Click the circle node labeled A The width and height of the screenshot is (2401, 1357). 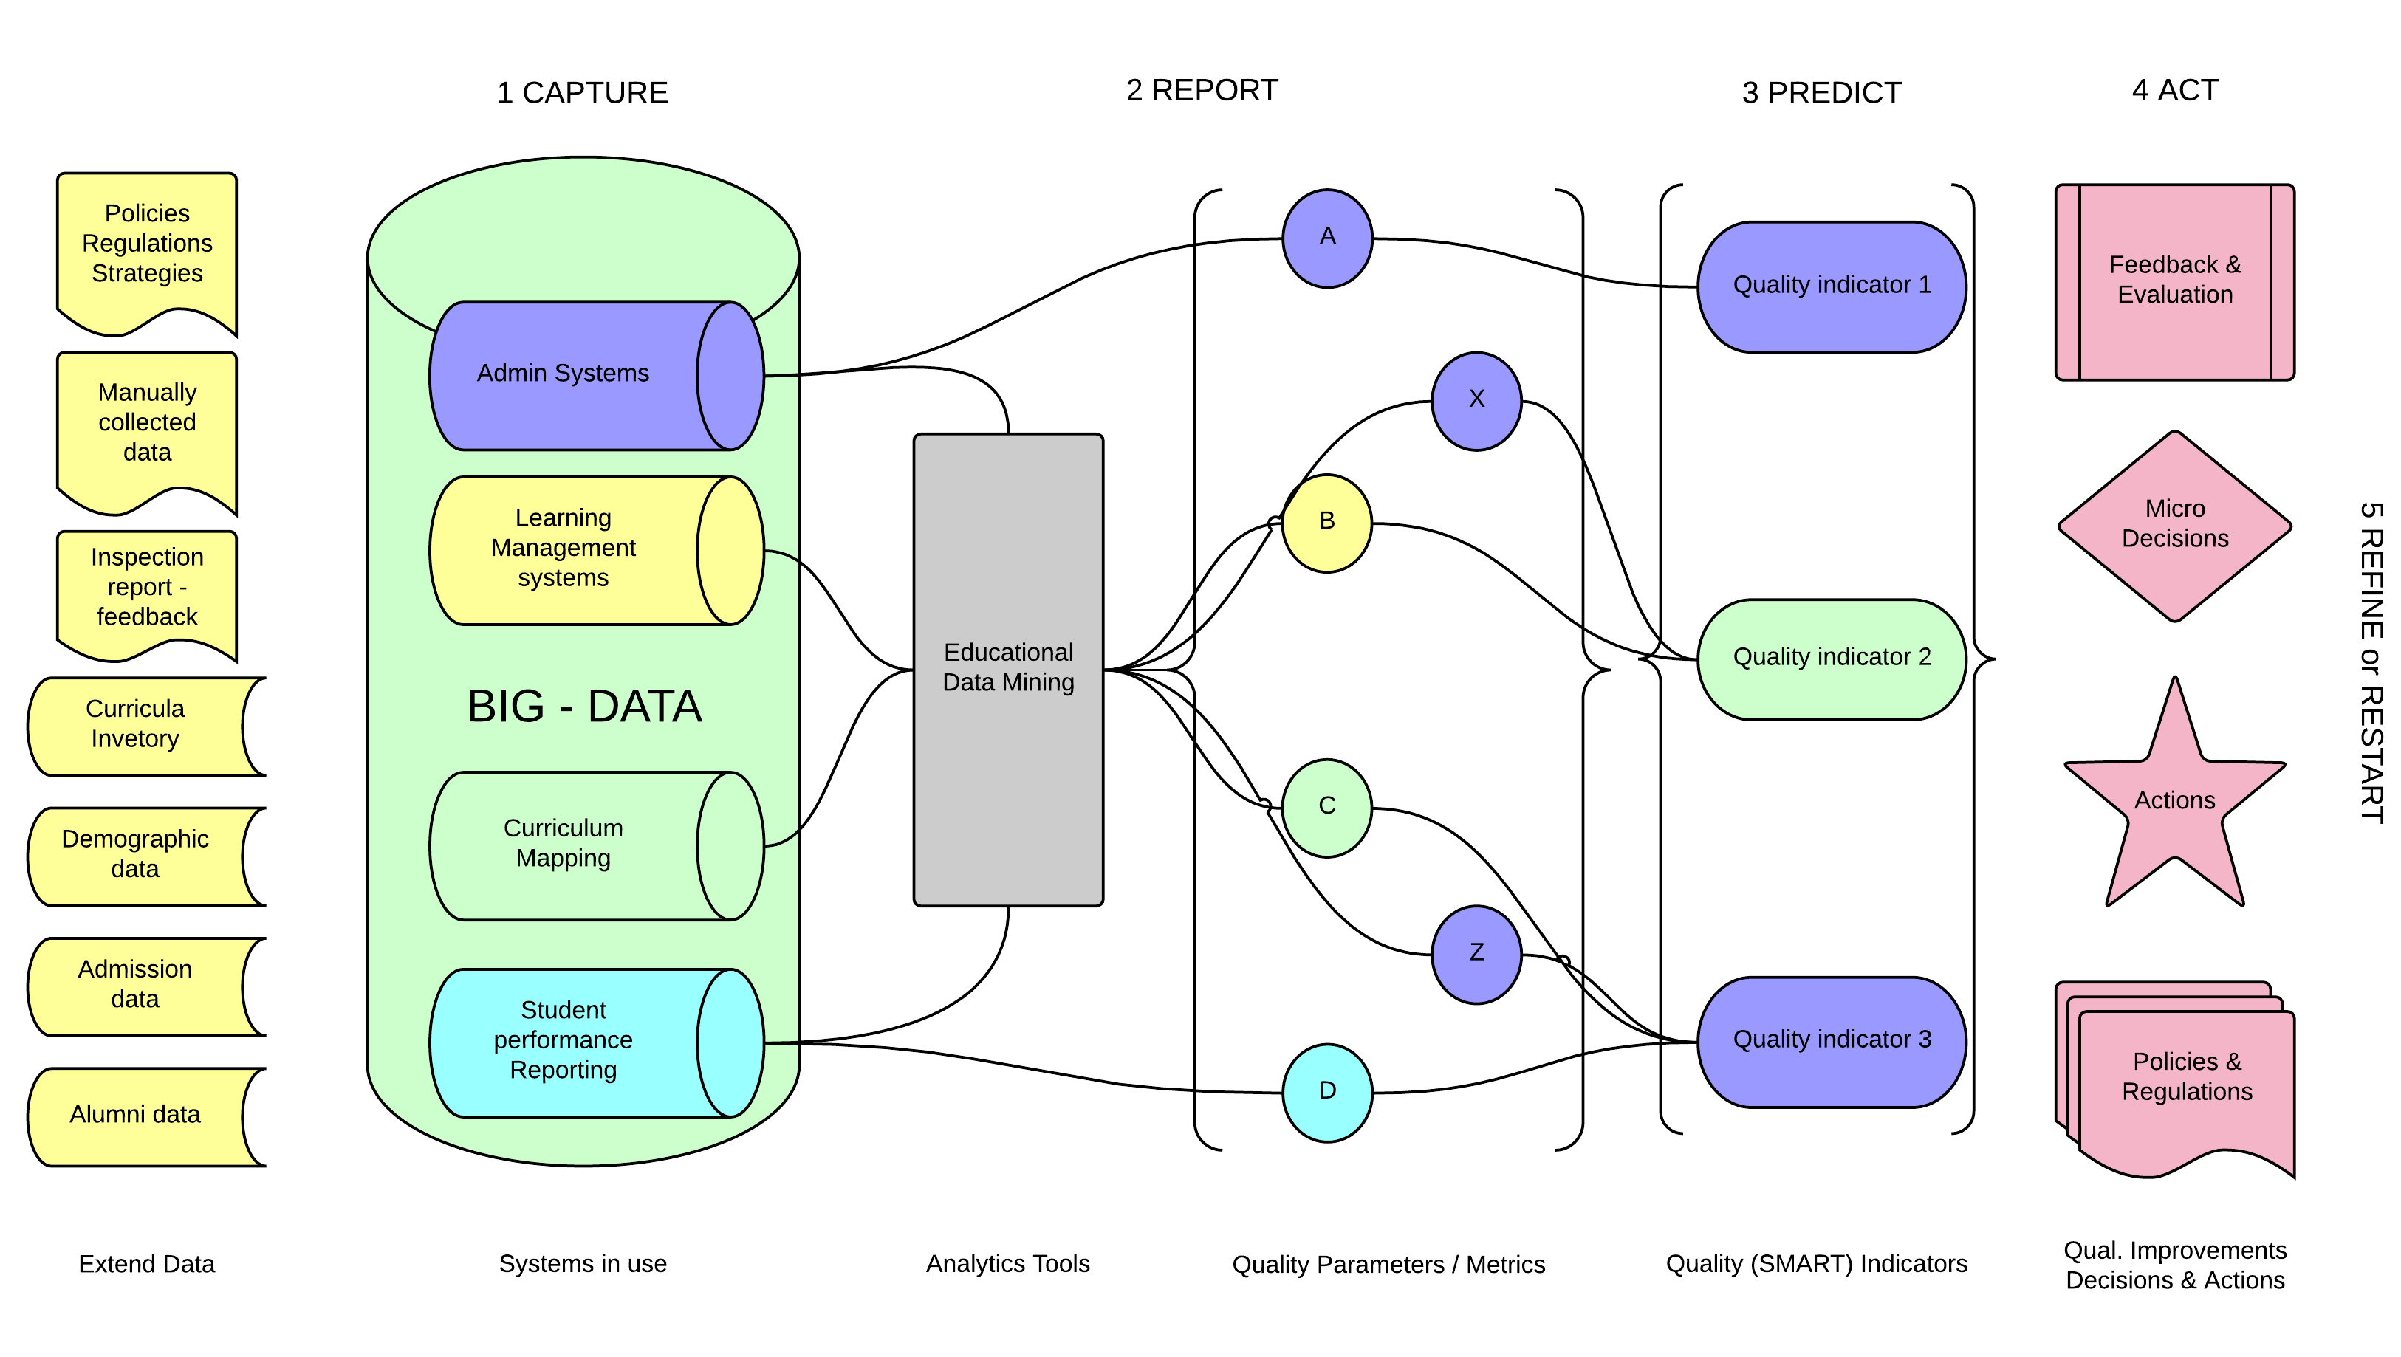[x=1327, y=238]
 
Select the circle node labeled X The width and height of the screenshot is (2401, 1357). [x=1476, y=401]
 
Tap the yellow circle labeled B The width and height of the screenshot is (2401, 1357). [x=1327, y=523]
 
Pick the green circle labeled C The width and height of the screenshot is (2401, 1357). [x=1327, y=807]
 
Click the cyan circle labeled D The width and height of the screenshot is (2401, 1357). [x=1327, y=1092]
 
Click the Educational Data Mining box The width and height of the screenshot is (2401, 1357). [x=1009, y=669]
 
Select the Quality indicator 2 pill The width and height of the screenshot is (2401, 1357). [x=1832, y=659]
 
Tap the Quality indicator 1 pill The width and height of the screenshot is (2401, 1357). [x=1832, y=286]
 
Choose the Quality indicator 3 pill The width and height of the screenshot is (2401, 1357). [x=1832, y=1041]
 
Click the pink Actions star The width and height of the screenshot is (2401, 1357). [x=2174, y=803]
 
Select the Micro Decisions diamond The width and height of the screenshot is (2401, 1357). [x=2174, y=526]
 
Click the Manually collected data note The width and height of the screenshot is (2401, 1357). [x=147, y=424]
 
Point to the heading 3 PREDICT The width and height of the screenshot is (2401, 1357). [x=1821, y=93]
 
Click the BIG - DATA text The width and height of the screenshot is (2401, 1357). [x=584, y=707]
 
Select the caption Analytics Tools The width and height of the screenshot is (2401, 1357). [x=1007, y=1264]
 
